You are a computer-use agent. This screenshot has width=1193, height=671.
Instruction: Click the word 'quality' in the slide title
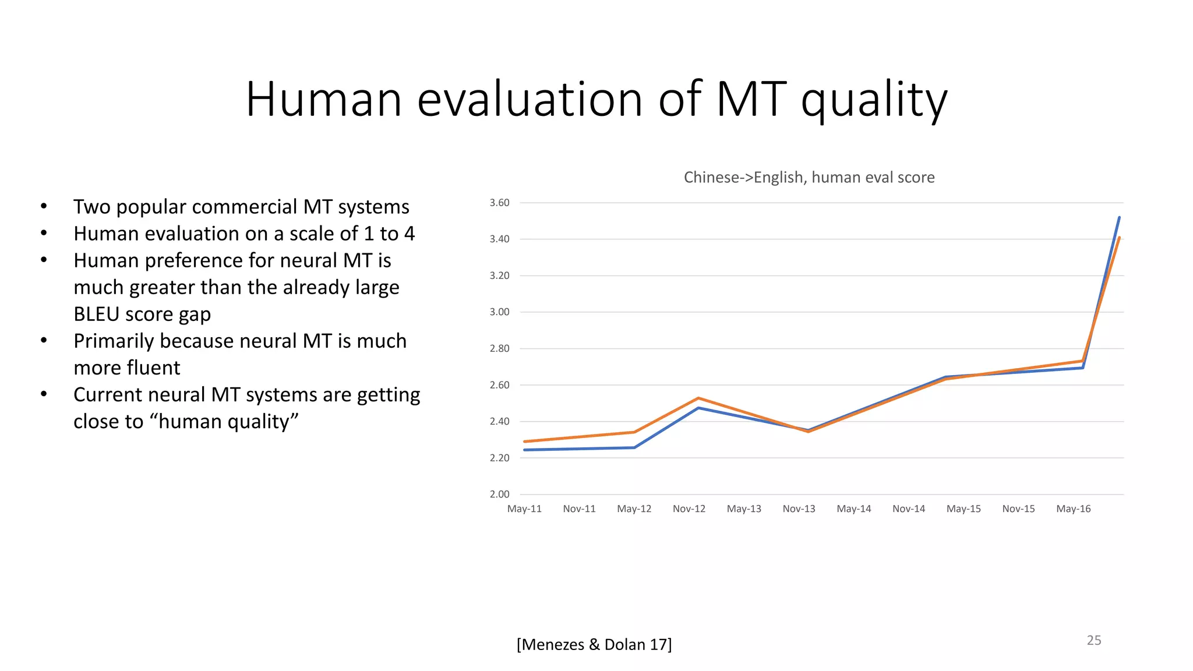(x=874, y=100)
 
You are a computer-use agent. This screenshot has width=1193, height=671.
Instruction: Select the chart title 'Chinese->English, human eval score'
(x=809, y=177)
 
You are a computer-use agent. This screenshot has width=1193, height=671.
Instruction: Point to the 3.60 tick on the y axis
(x=499, y=203)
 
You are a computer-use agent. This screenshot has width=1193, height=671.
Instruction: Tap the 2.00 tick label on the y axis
(x=499, y=494)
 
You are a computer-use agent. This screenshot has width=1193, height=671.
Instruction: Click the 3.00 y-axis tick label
(x=499, y=312)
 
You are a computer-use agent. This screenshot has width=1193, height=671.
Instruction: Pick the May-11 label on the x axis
(x=524, y=508)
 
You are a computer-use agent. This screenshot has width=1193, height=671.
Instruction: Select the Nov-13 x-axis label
(x=799, y=508)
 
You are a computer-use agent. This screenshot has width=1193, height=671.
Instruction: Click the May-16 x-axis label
(x=1073, y=508)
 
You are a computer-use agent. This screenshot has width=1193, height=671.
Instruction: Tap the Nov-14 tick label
(x=908, y=508)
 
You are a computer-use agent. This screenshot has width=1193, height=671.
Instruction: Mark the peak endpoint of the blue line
(x=1119, y=218)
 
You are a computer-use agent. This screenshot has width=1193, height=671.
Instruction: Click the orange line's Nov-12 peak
(x=698, y=398)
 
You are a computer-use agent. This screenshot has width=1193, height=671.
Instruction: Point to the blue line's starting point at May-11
(x=525, y=450)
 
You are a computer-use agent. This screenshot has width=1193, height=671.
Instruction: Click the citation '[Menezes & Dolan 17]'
(x=594, y=644)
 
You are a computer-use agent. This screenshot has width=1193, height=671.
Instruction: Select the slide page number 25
(x=1093, y=640)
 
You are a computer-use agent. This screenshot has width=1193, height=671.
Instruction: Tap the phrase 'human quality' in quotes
(x=228, y=421)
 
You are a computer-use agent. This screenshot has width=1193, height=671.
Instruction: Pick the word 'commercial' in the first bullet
(x=244, y=207)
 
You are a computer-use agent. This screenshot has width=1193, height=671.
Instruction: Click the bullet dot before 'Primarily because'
(x=44, y=340)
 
